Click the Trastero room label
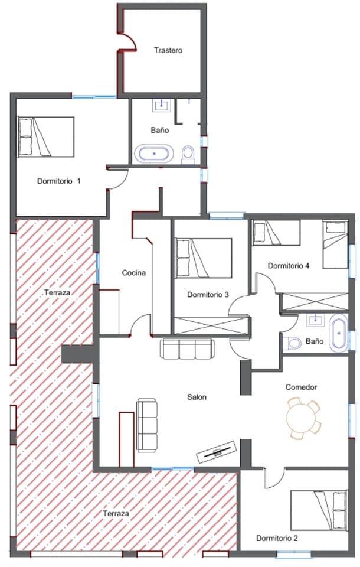coord(168,50)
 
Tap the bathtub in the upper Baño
coord(155,154)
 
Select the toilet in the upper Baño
coord(188,155)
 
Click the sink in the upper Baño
coord(161,106)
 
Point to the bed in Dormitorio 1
coord(46,137)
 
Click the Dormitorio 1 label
coord(58,181)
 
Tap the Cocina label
coord(133,273)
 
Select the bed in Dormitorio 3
coord(204,258)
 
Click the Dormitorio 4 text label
coord(289,266)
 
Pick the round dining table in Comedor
coord(302,418)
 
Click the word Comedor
coord(301,387)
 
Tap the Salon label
coord(197,397)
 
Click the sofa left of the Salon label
coord(148,425)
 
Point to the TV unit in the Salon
coord(217,452)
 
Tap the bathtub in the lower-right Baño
coord(339,334)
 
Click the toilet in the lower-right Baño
coord(293,342)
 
